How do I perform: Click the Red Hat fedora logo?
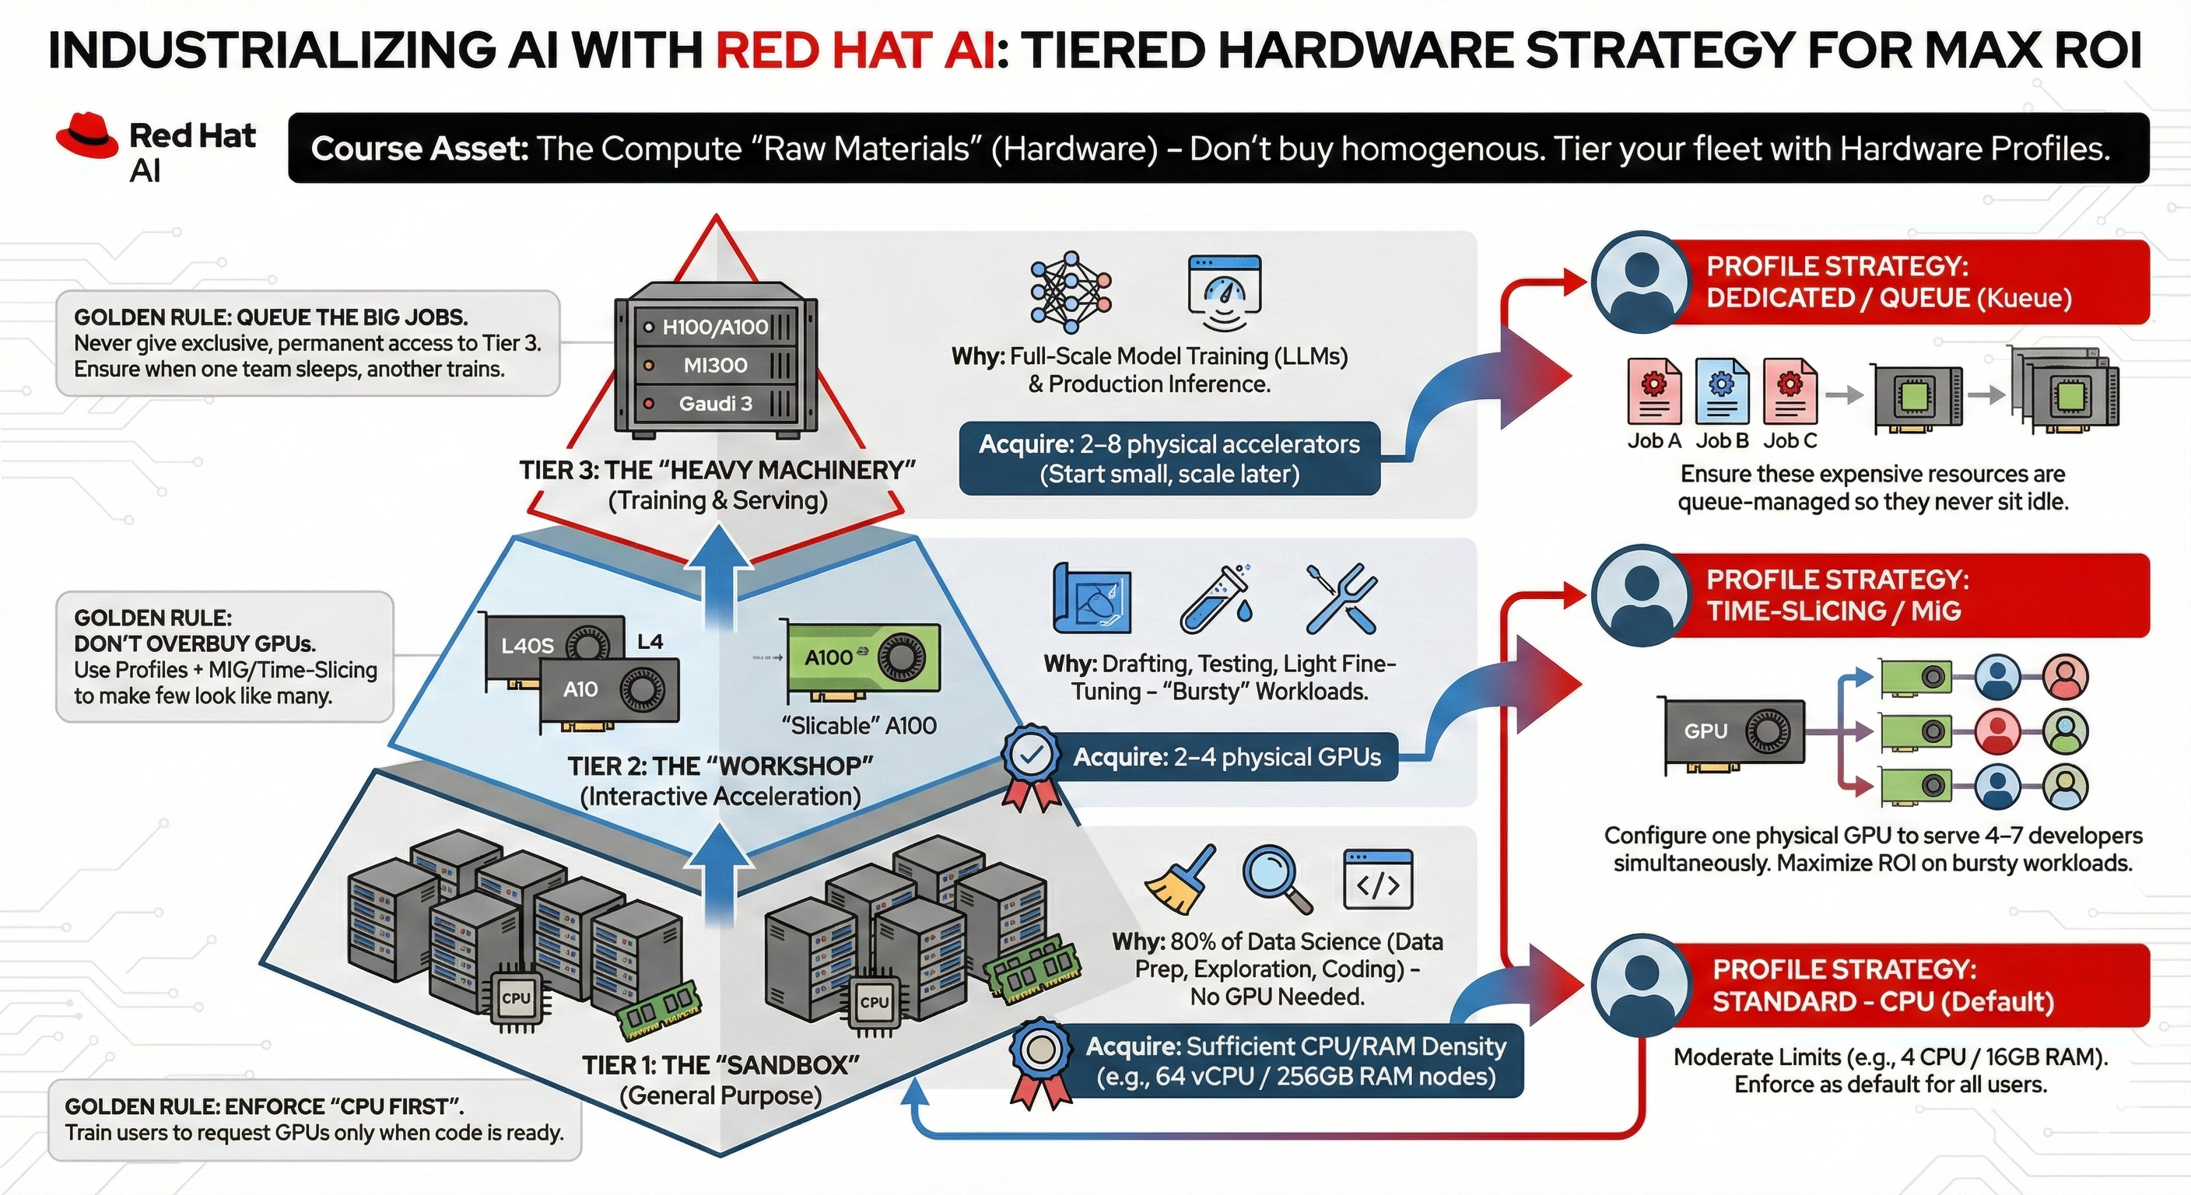(86, 136)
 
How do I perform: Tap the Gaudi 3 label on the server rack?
(715, 404)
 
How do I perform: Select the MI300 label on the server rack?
(715, 366)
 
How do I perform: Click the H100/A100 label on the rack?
(715, 328)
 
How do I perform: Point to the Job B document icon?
(1722, 391)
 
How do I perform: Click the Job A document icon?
(1653, 391)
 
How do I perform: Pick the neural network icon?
(1071, 292)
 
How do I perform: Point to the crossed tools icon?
(1341, 598)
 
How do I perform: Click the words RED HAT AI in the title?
(854, 51)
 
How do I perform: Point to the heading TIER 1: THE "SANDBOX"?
(720, 1065)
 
